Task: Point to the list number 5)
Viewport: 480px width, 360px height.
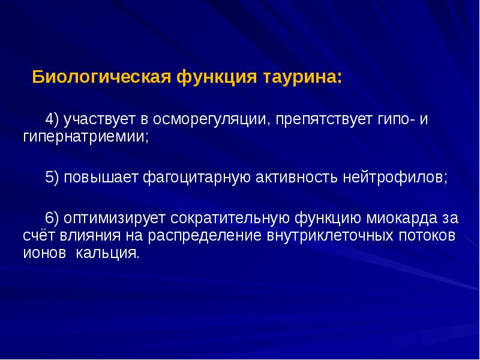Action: [x=55, y=178]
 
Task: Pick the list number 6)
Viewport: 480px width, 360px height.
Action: [x=55, y=217]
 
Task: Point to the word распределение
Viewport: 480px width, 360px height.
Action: [x=206, y=235]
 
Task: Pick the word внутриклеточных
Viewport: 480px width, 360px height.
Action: [x=329, y=235]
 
